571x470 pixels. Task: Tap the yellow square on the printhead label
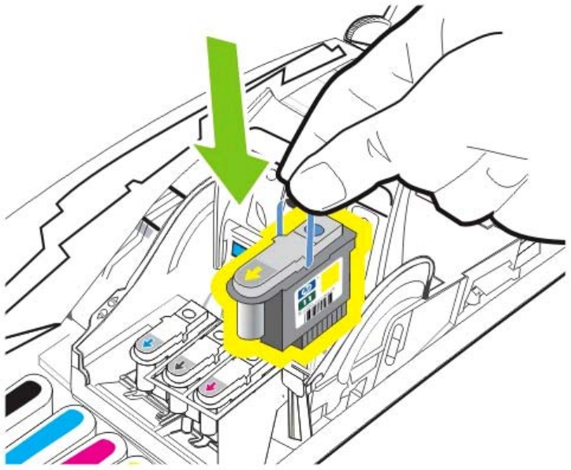point(330,277)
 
